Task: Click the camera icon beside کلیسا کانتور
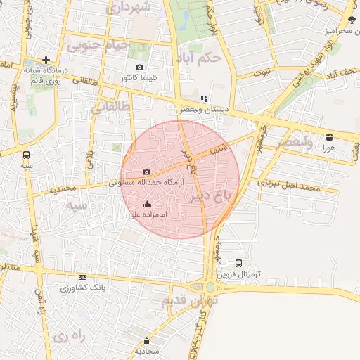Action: click(139, 67)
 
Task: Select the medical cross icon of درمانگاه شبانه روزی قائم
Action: click(46, 60)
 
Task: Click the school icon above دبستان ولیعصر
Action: click(204, 99)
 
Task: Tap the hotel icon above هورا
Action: click(329, 137)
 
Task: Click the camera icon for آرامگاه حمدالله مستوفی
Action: click(146, 172)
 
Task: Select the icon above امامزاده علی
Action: click(147, 205)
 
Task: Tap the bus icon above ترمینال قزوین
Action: click(239, 263)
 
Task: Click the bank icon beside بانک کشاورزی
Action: click(83, 277)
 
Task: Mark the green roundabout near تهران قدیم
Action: click(210, 287)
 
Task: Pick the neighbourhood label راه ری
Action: click(68, 336)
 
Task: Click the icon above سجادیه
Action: click(147, 340)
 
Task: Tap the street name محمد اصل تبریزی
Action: click(288, 186)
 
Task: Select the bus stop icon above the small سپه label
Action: click(27, 155)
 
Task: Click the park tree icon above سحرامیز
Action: click(352, 20)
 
